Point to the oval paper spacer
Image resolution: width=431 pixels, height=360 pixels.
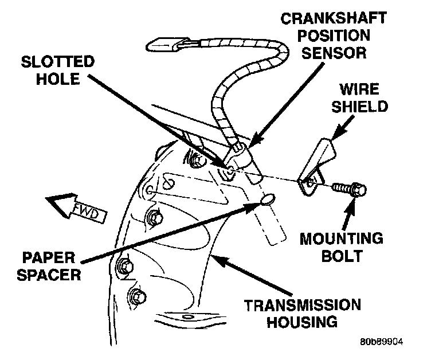point(267,199)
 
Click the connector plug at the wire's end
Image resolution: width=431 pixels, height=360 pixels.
point(167,44)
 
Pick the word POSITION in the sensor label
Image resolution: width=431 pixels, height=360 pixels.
point(332,36)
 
